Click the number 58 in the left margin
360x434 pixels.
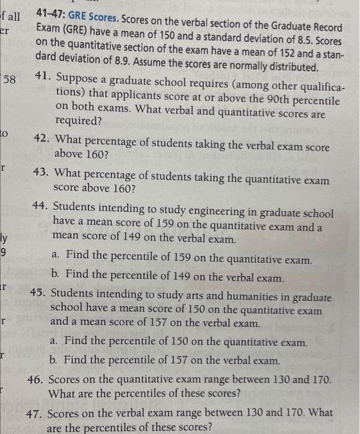(x=9, y=81)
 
